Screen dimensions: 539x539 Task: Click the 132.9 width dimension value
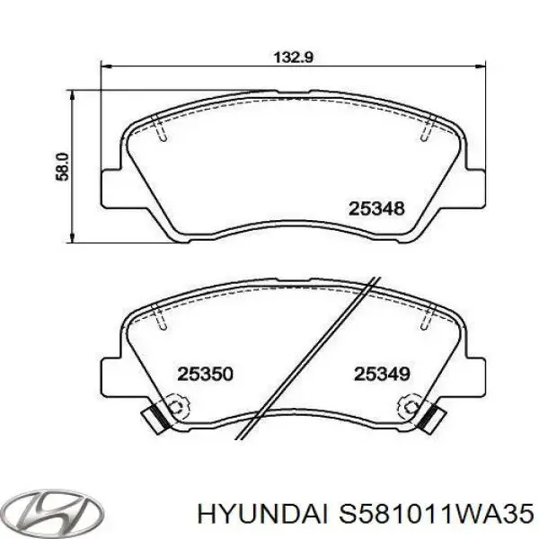[293, 57]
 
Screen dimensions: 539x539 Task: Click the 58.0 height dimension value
[63, 167]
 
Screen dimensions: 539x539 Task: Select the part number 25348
[376, 208]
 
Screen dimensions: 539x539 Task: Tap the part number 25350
[205, 374]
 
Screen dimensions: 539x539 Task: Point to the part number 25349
[382, 374]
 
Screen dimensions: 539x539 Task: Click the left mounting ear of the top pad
[110, 188]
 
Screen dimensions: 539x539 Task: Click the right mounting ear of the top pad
[476, 188]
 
